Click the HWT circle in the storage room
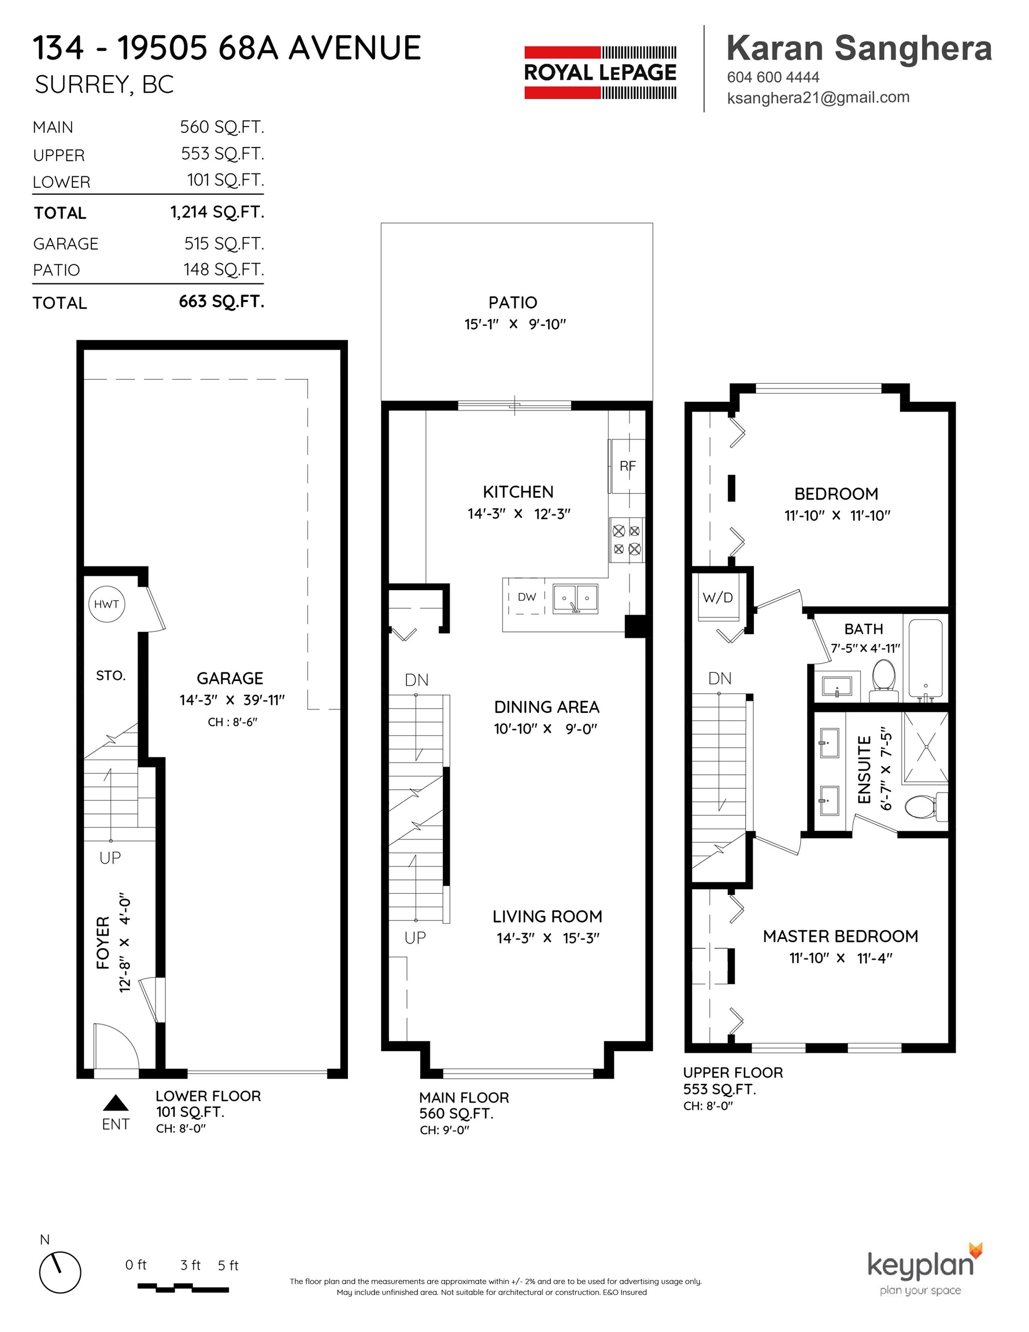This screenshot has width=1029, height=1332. point(106,604)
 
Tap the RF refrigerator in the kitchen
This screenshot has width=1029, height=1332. point(627,466)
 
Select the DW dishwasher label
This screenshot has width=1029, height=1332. point(527,597)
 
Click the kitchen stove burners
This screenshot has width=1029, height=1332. point(627,540)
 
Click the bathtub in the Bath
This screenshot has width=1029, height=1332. point(926,658)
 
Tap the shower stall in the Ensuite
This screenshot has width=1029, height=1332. point(925,747)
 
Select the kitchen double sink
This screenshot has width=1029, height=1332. point(575,598)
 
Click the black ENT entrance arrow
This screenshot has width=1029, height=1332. point(115,1102)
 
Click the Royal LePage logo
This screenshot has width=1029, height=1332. point(600,73)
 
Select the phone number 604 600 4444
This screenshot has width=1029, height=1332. point(773,77)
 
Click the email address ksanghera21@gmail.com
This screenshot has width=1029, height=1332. point(818,98)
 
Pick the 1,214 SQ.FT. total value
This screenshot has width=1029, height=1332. point(217,212)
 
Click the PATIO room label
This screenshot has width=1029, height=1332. point(513,302)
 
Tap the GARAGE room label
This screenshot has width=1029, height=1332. point(230,678)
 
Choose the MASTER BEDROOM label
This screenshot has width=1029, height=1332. point(840,936)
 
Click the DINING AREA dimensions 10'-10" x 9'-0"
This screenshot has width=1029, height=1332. point(545,728)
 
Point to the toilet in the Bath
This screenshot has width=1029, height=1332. point(884,683)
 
